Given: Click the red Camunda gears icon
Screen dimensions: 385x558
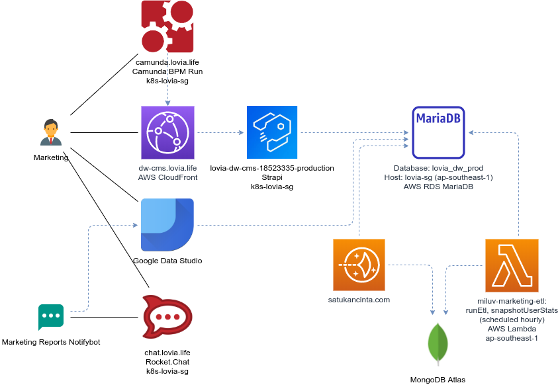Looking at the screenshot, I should click(x=167, y=26).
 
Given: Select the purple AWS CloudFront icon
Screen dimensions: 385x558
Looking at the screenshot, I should click(x=167, y=132).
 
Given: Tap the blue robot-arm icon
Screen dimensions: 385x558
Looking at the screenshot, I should click(x=272, y=132).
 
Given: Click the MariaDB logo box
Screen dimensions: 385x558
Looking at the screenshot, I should click(x=439, y=132).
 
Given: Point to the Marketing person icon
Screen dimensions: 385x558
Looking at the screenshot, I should click(x=51, y=133).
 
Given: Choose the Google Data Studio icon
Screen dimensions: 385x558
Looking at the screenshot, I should click(x=167, y=225).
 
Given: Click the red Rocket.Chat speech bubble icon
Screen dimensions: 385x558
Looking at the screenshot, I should click(x=167, y=318).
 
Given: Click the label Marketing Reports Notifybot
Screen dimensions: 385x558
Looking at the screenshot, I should click(x=51, y=343).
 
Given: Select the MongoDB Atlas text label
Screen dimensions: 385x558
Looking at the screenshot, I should click(x=438, y=380).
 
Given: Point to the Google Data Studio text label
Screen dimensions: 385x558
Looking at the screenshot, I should click(x=167, y=261).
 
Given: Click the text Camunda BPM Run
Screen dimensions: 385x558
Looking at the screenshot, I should click(x=167, y=71).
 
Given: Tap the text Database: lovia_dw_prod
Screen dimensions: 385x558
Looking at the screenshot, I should click(x=439, y=168).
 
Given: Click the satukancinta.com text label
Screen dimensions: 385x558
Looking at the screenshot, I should click(x=359, y=300).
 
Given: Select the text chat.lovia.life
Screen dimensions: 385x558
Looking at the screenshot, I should click(x=167, y=353).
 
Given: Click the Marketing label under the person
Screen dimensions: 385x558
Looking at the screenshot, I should click(x=51, y=158).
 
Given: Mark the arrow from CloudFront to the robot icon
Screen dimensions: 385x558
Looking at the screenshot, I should click(x=220, y=132).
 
